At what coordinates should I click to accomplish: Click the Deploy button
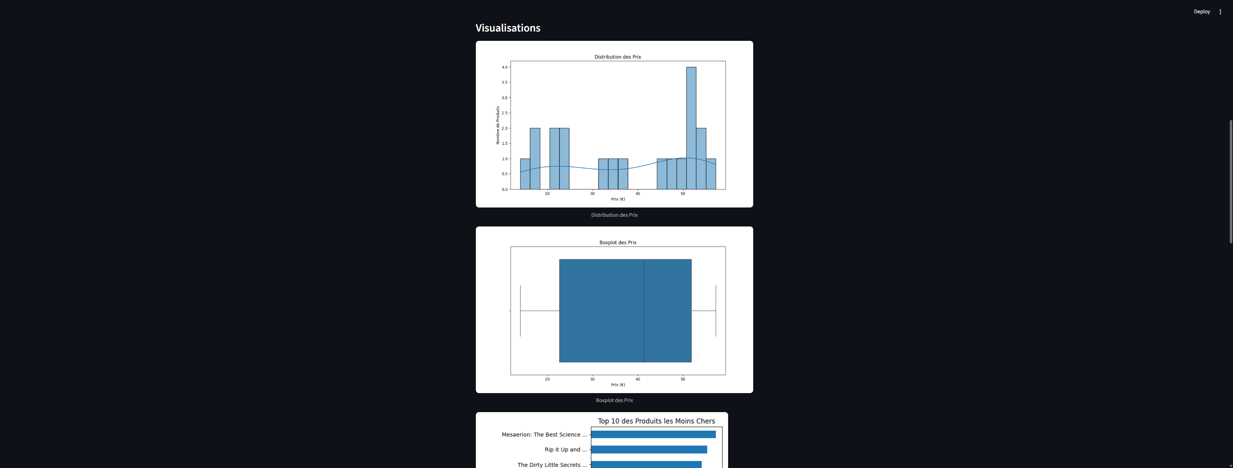(1201, 11)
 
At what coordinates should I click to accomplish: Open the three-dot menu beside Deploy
(1220, 11)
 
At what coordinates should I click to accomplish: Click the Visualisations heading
(507, 28)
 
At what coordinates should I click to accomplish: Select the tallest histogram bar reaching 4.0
(691, 128)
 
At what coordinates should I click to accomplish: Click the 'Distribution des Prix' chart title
(617, 57)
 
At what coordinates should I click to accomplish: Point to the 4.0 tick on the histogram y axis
(505, 67)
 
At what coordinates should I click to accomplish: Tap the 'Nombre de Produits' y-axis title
(498, 125)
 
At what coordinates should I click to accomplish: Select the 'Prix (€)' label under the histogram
(617, 199)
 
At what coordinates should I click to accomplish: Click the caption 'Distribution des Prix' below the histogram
(614, 215)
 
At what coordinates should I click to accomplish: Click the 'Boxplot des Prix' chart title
(617, 243)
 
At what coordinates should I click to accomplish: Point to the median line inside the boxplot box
(644, 311)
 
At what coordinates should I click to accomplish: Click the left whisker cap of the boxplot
(520, 311)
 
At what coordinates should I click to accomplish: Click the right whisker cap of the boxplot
(716, 311)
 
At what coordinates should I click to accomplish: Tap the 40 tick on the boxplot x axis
(637, 379)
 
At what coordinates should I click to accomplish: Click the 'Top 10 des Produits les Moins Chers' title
(656, 421)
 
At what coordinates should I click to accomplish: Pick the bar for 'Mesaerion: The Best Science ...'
(653, 435)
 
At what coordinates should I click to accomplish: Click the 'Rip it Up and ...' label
(565, 450)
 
